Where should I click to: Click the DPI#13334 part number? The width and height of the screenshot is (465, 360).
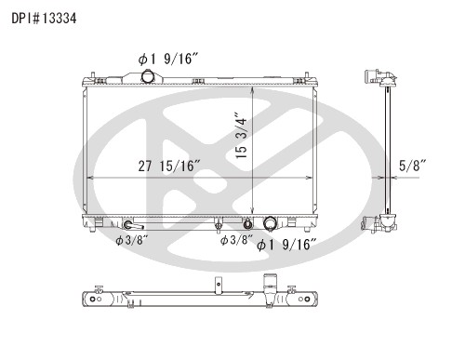tap(44, 19)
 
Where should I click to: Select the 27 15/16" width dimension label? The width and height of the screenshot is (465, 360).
tap(169, 166)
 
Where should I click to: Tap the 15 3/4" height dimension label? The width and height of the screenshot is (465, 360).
tap(241, 135)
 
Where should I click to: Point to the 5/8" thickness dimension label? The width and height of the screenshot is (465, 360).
tap(413, 166)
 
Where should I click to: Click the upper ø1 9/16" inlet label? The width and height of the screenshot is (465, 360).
tap(168, 59)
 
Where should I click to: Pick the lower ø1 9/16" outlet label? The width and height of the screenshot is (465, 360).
tap(284, 245)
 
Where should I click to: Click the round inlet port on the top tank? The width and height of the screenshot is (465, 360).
tap(147, 76)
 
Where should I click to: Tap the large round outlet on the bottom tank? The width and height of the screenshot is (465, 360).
tap(270, 223)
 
